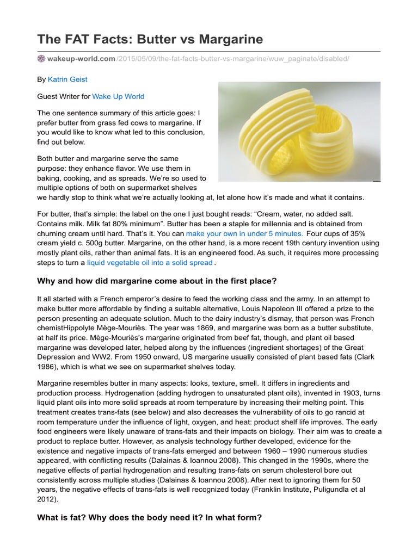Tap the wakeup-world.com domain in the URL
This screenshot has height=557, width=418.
click(81, 58)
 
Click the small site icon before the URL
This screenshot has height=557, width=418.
click(41, 58)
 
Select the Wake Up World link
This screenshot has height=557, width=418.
click(118, 96)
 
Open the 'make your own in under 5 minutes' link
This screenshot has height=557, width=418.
click(244, 233)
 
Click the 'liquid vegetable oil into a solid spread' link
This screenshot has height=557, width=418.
click(149, 263)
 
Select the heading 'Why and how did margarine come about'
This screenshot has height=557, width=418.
click(157, 281)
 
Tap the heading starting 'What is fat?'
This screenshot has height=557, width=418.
click(149, 518)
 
